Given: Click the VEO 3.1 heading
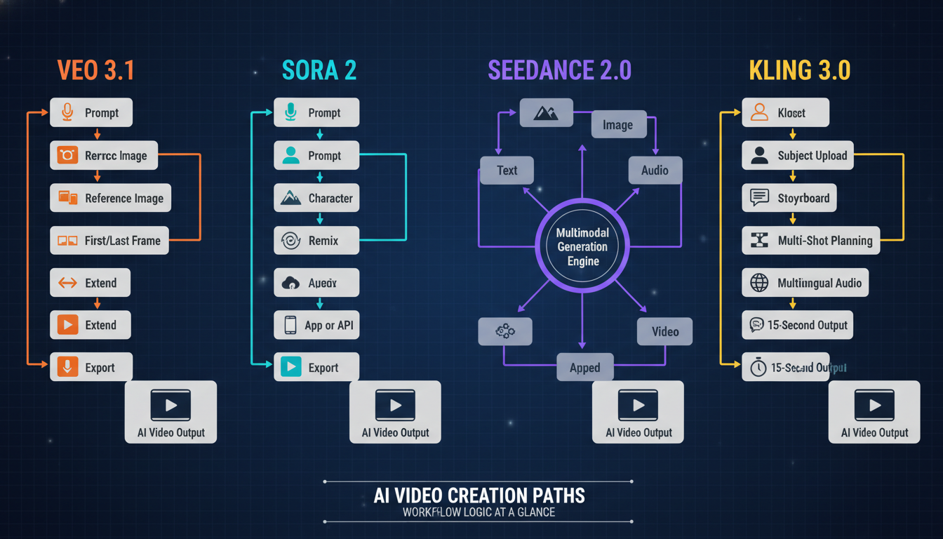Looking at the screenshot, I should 95,71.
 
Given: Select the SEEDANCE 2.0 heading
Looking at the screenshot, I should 559,70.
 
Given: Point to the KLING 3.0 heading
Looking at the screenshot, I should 800,71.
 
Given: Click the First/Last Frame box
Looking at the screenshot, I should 109,241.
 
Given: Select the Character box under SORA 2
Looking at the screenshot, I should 316,199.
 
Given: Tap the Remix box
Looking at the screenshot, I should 316,241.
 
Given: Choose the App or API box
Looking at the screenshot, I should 316,325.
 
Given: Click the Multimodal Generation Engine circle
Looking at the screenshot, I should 582,246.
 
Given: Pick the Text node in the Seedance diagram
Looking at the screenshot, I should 507,171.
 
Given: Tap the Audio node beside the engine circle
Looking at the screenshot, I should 655,171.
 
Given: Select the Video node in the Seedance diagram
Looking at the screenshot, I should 664,331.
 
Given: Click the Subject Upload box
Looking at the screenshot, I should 798,156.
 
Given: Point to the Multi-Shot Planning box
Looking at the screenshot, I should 811,241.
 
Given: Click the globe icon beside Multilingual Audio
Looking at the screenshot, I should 759,283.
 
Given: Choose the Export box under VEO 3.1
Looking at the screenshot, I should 91,367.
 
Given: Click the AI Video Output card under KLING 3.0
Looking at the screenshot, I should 874,412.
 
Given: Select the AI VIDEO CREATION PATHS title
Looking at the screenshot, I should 479,495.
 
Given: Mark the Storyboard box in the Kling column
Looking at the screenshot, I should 789,198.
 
